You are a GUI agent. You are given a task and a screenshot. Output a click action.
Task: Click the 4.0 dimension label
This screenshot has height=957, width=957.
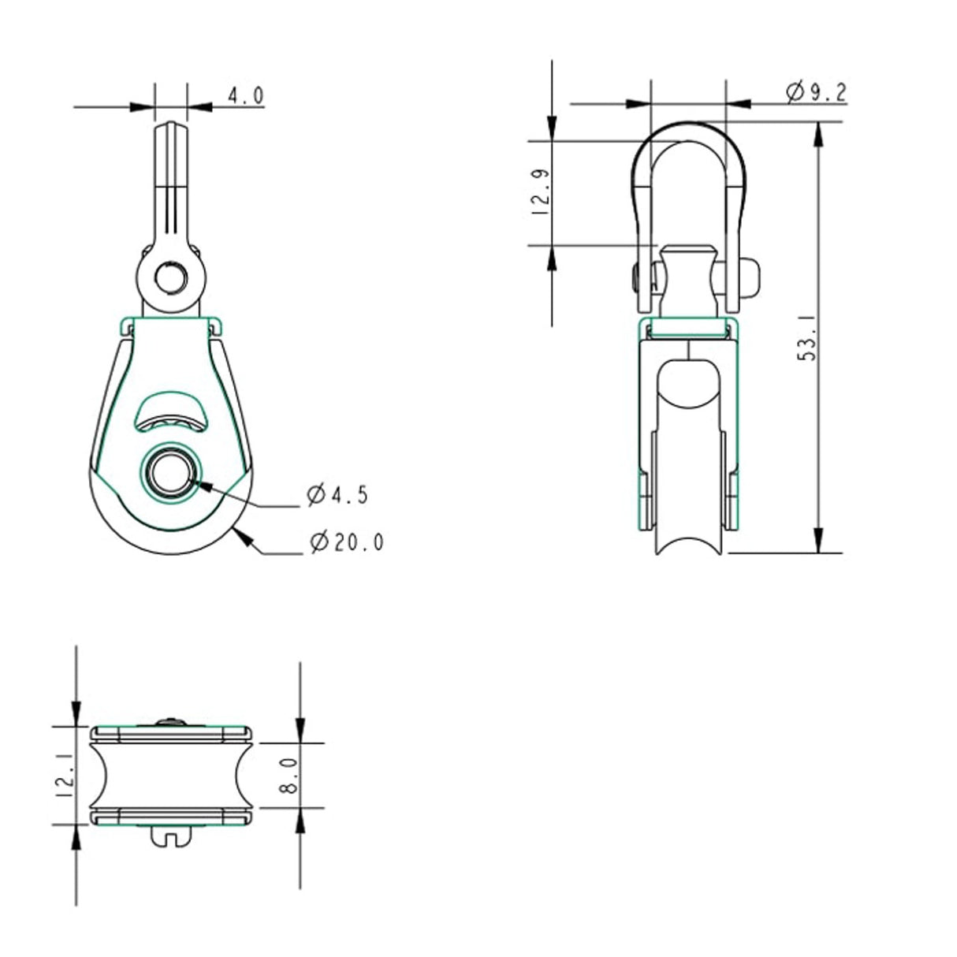tap(245, 96)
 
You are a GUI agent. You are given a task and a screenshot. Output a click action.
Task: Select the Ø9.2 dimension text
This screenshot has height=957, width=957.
tap(815, 92)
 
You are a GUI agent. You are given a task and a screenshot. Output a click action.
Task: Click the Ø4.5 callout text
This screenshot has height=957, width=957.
tap(338, 495)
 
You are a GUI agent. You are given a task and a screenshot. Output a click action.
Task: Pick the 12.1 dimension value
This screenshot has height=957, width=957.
tap(66, 775)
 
